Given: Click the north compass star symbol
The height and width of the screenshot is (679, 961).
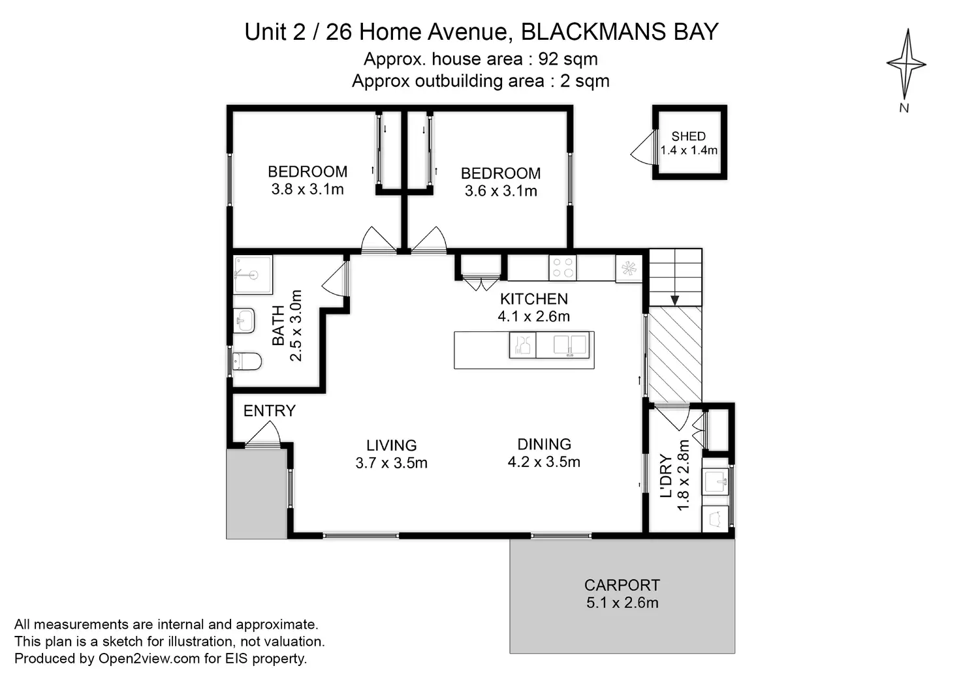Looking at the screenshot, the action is [x=906, y=65].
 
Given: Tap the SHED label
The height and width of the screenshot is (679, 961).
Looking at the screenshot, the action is [x=689, y=136].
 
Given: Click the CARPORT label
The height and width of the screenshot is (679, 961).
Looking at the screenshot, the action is [x=622, y=585].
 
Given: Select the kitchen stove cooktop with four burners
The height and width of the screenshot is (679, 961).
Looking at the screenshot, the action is [x=563, y=267].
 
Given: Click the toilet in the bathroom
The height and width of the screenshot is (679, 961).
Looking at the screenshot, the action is [x=247, y=361].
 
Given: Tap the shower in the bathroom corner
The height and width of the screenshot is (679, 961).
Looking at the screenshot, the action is [x=253, y=275].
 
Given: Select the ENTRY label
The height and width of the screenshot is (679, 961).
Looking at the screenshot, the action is [x=270, y=411].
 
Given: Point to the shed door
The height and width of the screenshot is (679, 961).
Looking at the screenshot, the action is [x=644, y=147].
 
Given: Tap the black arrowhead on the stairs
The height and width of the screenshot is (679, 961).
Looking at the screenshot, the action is [x=675, y=300].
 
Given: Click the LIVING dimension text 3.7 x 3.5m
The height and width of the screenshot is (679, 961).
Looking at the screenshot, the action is [x=391, y=463].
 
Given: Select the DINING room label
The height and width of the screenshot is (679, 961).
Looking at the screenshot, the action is [x=544, y=444].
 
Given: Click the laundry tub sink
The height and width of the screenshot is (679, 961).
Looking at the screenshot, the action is [x=715, y=482].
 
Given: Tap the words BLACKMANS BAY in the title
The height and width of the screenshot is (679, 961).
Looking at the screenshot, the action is [x=620, y=32].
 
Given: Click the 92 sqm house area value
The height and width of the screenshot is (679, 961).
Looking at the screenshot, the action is [x=568, y=59].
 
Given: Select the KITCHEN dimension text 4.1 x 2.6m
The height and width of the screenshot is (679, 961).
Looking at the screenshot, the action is [x=533, y=316].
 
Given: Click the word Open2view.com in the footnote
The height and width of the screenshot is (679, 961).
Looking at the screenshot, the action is [x=149, y=658].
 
